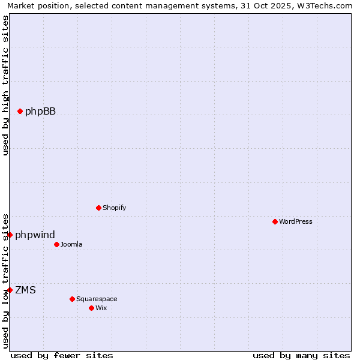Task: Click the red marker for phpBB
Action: (x=20, y=111)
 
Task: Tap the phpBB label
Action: (x=40, y=111)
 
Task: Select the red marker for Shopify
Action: (x=98, y=208)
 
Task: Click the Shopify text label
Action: (x=114, y=208)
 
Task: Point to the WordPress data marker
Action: (x=275, y=221)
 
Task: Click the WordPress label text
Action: (x=295, y=221)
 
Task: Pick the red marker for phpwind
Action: (x=10, y=235)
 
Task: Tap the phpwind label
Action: (x=35, y=235)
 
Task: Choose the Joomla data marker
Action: (x=56, y=244)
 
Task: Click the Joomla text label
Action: (x=71, y=244)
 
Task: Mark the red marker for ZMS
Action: (x=10, y=290)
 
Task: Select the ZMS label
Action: (x=25, y=290)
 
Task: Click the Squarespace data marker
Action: (x=72, y=299)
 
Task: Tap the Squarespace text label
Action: (x=97, y=299)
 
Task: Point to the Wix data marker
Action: (x=91, y=308)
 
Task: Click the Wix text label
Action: (x=101, y=308)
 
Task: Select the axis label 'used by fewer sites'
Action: (x=62, y=355)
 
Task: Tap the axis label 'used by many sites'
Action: (x=301, y=355)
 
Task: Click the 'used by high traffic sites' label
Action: (x=5, y=85)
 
